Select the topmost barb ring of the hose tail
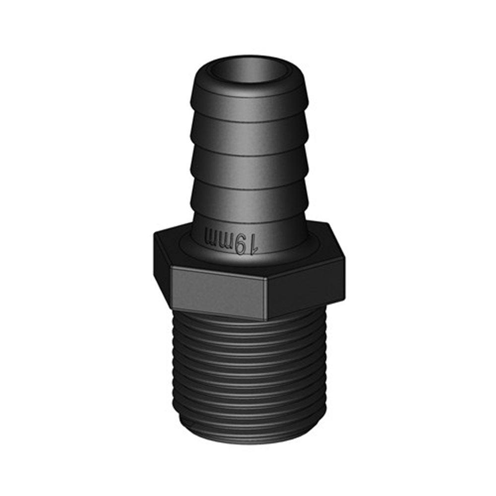(x=248, y=102)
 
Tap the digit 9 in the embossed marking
(x=242, y=243)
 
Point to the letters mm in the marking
(x=218, y=238)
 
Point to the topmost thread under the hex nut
(x=248, y=325)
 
